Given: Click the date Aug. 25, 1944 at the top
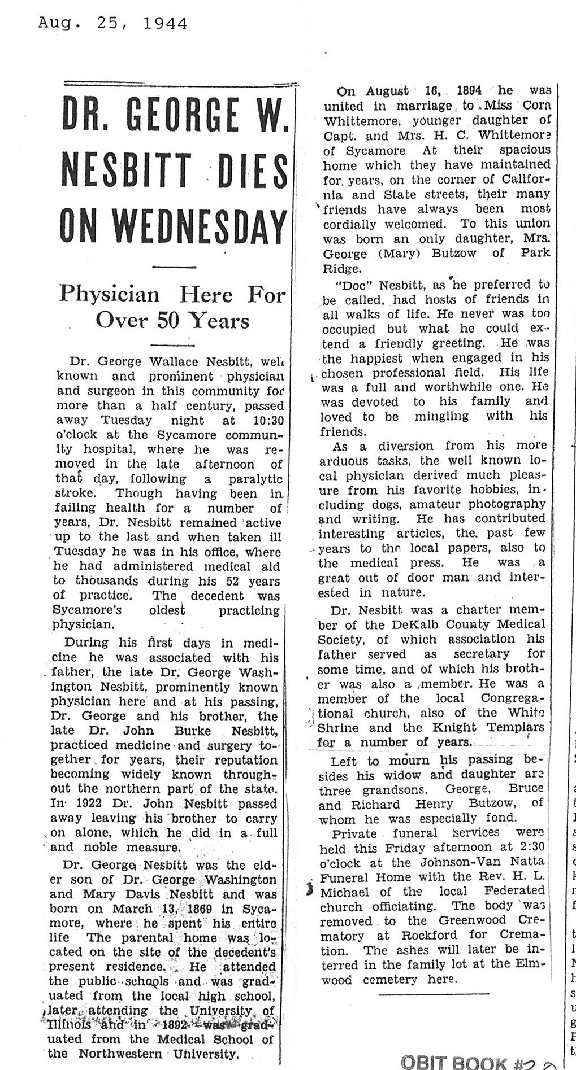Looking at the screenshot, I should pos(112,23).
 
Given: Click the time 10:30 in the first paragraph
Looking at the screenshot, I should pos(262,421).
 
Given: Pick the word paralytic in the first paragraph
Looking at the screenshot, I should pos(255,479).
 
